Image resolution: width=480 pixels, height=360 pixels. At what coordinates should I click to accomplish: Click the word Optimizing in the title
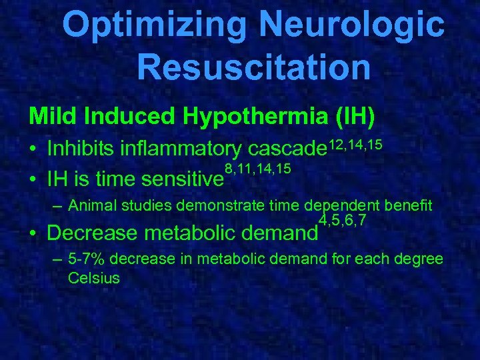coord(154,25)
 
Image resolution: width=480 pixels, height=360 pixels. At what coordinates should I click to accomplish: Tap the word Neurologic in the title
coord(352,25)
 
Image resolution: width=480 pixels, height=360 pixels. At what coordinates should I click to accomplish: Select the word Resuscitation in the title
coord(253,67)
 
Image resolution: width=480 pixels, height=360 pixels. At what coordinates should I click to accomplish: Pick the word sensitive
coord(178,179)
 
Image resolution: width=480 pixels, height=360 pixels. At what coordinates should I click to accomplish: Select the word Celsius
coord(93,277)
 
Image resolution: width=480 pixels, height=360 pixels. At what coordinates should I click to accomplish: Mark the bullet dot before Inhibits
coord(33,151)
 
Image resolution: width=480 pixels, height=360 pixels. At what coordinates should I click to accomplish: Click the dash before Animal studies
coord(58,205)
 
